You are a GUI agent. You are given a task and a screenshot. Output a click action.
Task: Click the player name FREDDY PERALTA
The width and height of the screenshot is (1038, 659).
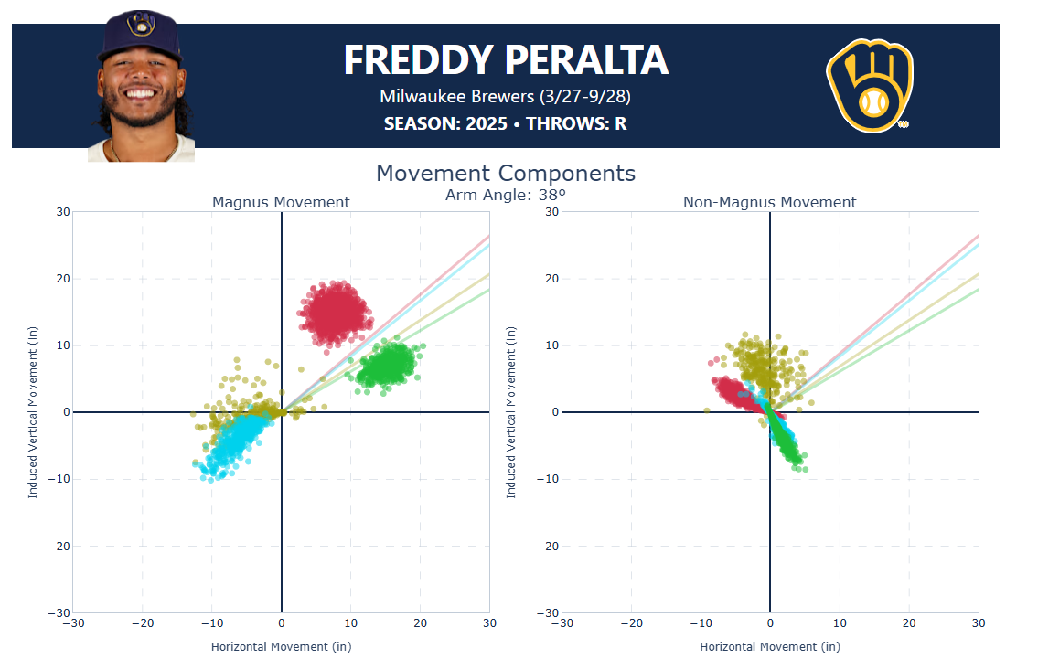[x=506, y=60]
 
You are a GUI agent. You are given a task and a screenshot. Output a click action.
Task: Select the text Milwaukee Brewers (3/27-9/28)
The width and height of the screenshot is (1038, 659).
[x=506, y=96]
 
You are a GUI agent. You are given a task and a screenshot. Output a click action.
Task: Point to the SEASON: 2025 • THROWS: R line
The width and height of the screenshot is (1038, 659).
[x=506, y=123]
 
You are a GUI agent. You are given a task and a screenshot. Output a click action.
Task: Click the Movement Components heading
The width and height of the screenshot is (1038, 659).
[x=506, y=174]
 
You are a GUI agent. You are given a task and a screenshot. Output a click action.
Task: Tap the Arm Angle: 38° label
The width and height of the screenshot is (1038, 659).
[x=506, y=195]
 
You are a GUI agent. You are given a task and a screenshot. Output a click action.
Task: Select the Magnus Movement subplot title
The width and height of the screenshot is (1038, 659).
[x=281, y=202]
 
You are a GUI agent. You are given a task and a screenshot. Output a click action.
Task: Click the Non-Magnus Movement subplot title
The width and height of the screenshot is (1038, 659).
[x=770, y=202]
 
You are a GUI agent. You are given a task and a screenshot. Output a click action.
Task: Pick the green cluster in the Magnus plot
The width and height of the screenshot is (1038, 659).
[x=388, y=366]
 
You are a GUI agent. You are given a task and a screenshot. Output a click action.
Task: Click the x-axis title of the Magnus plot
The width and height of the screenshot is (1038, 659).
[x=281, y=647]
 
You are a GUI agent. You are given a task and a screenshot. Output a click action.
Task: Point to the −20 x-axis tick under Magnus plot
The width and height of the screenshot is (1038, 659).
[x=142, y=623]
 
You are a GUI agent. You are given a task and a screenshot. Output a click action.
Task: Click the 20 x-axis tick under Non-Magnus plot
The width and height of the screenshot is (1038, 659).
[x=909, y=623]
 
